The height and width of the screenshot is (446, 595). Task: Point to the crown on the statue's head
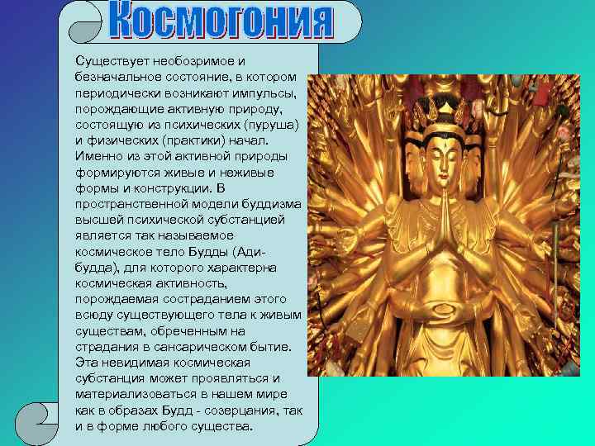point(447,110)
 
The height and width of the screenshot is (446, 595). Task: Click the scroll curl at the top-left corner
point(81,25)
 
